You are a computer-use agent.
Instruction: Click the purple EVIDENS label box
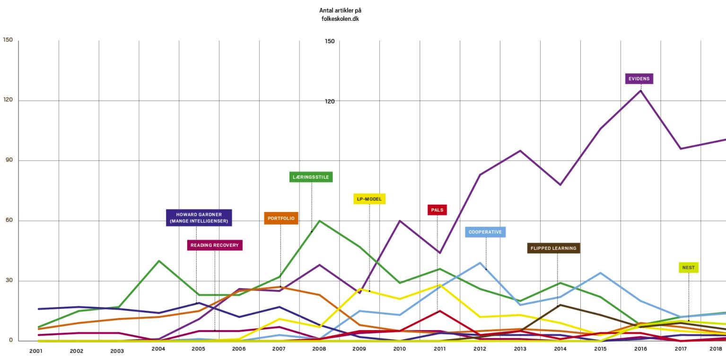click(639, 79)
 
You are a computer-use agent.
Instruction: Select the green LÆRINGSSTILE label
click(311, 177)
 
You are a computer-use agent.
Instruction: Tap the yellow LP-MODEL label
click(369, 199)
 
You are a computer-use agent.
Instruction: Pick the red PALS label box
click(437, 210)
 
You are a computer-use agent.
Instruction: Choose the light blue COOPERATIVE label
click(485, 232)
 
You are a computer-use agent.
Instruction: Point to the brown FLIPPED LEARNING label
click(553, 248)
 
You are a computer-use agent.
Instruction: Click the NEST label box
click(689, 267)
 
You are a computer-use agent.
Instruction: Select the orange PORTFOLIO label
click(281, 218)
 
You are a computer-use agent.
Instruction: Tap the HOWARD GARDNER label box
click(199, 218)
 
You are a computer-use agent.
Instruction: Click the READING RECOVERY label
click(215, 245)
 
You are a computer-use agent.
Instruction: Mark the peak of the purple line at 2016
click(641, 90)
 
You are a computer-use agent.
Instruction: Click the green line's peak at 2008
click(320, 220)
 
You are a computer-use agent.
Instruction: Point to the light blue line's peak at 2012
click(480, 263)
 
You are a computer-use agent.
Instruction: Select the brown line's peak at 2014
click(560, 305)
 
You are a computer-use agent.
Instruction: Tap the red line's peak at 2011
click(439, 311)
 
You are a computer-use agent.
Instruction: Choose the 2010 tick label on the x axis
click(400, 349)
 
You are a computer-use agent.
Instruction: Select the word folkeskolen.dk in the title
click(340, 19)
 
